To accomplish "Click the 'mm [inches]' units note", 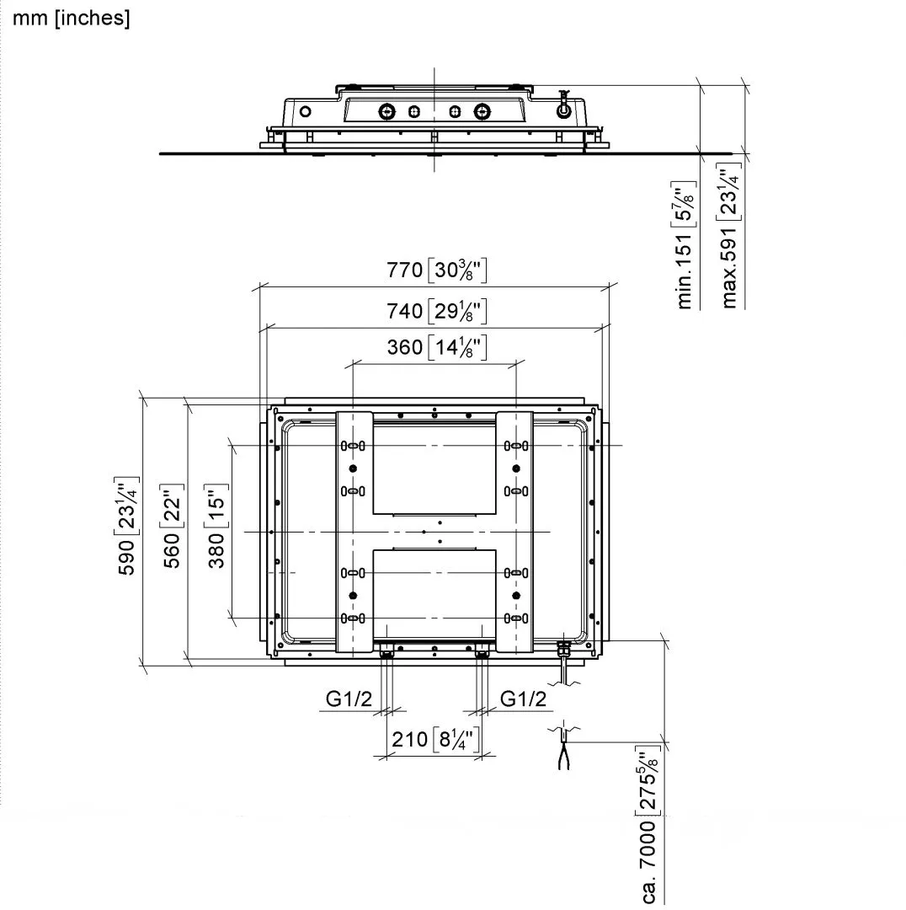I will click(x=72, y=19).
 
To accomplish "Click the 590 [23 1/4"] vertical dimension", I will click(x=128, y=527).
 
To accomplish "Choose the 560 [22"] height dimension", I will click(x=173, y=527).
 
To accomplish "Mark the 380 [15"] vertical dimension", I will click(x=217, y=527).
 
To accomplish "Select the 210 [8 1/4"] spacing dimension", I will click(x=434, y=740).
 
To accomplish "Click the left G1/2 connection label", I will click(x=349, y=699).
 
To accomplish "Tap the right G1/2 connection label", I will click(x=523, y=699).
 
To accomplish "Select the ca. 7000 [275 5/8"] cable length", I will click(x=649, y=826).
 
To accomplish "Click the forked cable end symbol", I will click(x=562, y=755).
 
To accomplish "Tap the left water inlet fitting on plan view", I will click(x=386, y=653).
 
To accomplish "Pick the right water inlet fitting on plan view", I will click(x=482, y=653).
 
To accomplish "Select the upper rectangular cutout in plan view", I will click(x=434, y=468).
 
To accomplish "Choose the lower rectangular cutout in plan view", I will click(x=434, y=591).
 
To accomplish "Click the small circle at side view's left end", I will click(x=306, y=111).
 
